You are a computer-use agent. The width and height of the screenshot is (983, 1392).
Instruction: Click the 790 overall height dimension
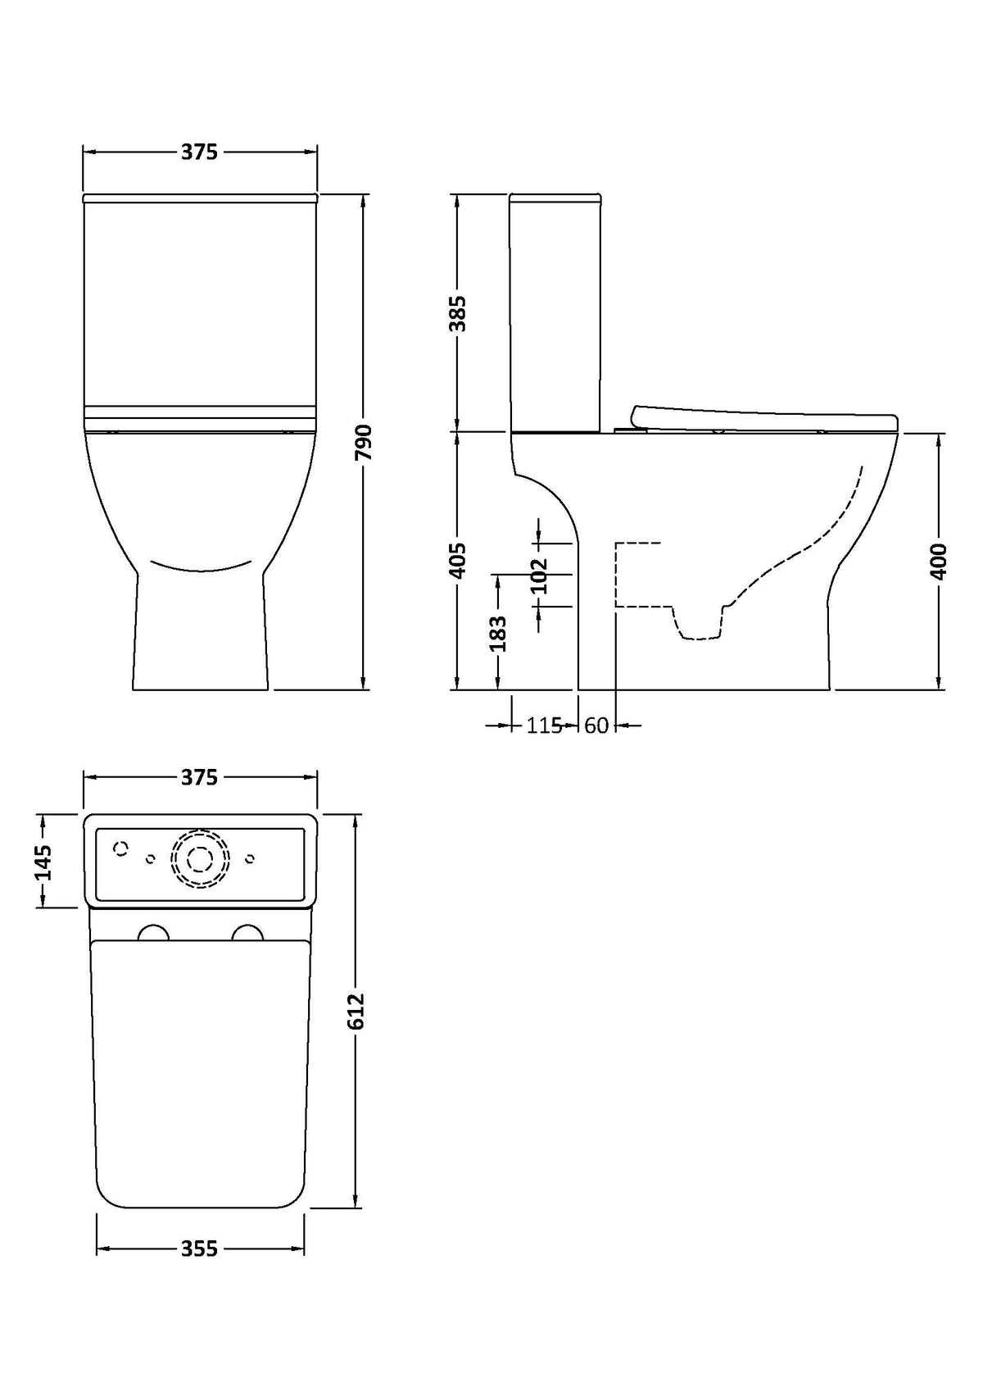(363, 442)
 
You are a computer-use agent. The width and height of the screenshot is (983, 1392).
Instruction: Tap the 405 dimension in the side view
(458, 562)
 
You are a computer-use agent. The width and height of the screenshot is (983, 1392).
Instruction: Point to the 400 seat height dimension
(938, 562)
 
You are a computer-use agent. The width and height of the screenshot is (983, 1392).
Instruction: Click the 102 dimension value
(539, 575)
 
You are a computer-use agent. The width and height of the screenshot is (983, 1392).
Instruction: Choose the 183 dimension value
(498, 633)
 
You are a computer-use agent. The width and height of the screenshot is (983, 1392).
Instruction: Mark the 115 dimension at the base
(545, 725)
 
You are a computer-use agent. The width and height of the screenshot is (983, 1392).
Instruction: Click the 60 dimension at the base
(596, 725)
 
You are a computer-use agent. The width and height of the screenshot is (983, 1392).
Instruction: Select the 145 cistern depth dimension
(43, 862)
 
